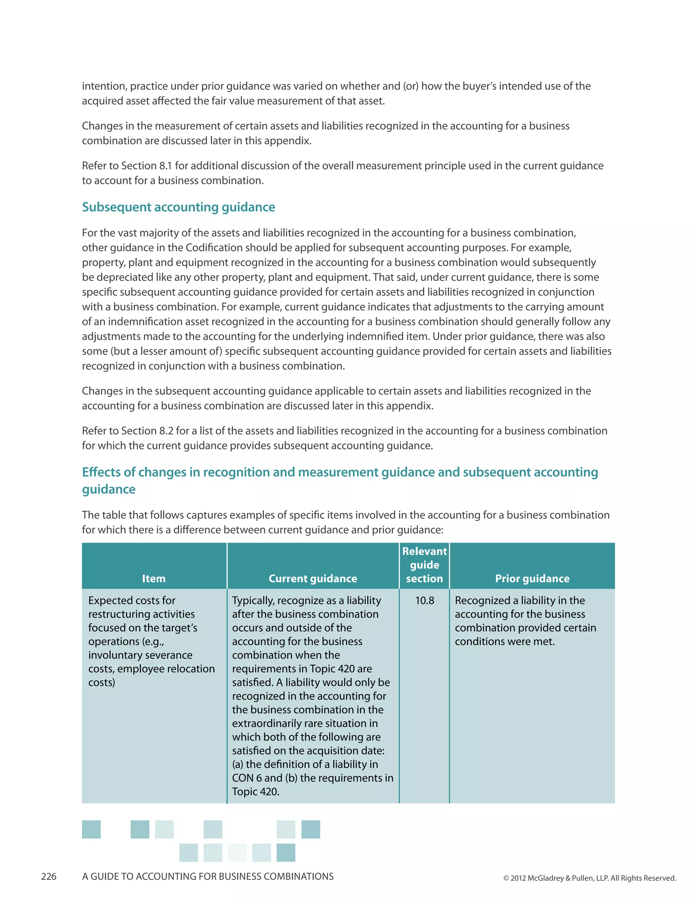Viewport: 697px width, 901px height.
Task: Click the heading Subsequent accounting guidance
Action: pos(178,207)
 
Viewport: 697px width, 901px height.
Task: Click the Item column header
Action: pos(153,578)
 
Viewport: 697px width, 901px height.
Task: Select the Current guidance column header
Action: pos(312,578)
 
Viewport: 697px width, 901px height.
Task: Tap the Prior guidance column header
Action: pos(532,578)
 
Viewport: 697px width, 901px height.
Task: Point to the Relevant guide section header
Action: pos(424,565)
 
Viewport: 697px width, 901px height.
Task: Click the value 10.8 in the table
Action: pos(424,601)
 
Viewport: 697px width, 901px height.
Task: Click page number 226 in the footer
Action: pos(49,876)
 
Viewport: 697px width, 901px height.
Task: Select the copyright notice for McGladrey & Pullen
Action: pos(589,878)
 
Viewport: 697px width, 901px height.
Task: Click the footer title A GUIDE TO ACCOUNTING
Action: pos(208,876)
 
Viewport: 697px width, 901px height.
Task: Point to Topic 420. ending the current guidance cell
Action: pos(256,791)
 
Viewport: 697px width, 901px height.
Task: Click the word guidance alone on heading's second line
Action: pos(109,489)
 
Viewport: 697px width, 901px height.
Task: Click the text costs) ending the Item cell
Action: pos(101,682)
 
